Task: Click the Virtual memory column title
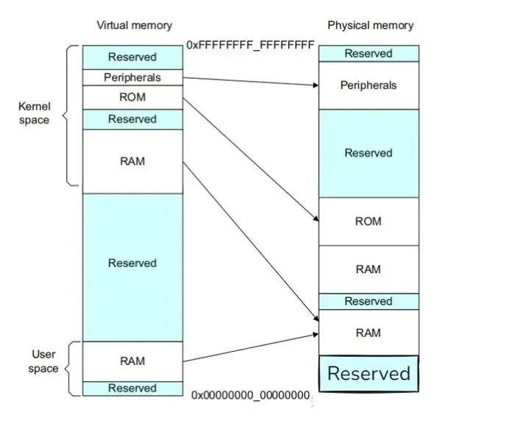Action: click(134, 25)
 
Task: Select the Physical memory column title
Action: click(370, 25)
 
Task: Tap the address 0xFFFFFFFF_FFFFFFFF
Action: click(250, 45)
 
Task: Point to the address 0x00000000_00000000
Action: click(250, 395)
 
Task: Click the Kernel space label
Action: click(34, 113)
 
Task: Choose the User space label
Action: click(43, 361)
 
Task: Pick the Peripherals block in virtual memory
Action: click(132, 77)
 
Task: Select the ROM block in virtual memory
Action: click(132, 97)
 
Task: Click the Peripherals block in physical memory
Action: click(369, 85)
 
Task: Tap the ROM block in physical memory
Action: click(369, 221)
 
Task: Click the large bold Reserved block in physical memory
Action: click(369, 374)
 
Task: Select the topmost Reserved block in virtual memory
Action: click(132, 57)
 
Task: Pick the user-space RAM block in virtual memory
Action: click(132, 361)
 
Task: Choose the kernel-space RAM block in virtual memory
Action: click(132, 161)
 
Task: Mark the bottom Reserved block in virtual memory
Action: click(132, 389)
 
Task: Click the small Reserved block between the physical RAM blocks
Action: click(369, 302)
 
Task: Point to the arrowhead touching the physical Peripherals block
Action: click(316, 85)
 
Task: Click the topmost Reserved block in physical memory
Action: click(369, 54)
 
